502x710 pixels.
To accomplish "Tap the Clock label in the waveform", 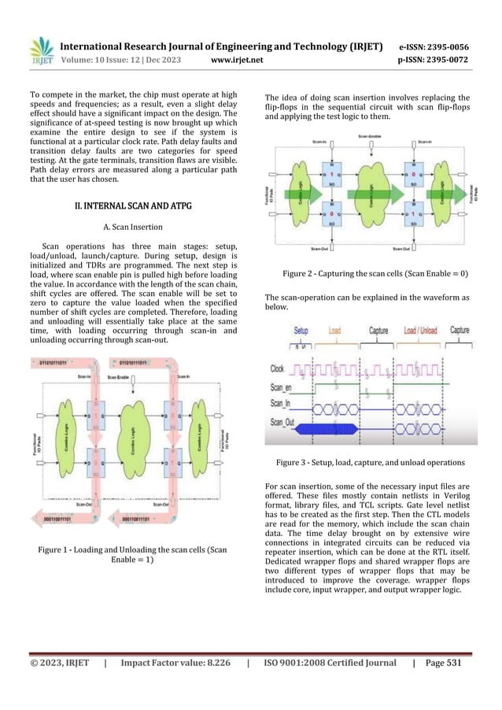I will pos(277,368).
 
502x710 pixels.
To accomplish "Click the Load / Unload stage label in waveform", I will pos(421,332).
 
